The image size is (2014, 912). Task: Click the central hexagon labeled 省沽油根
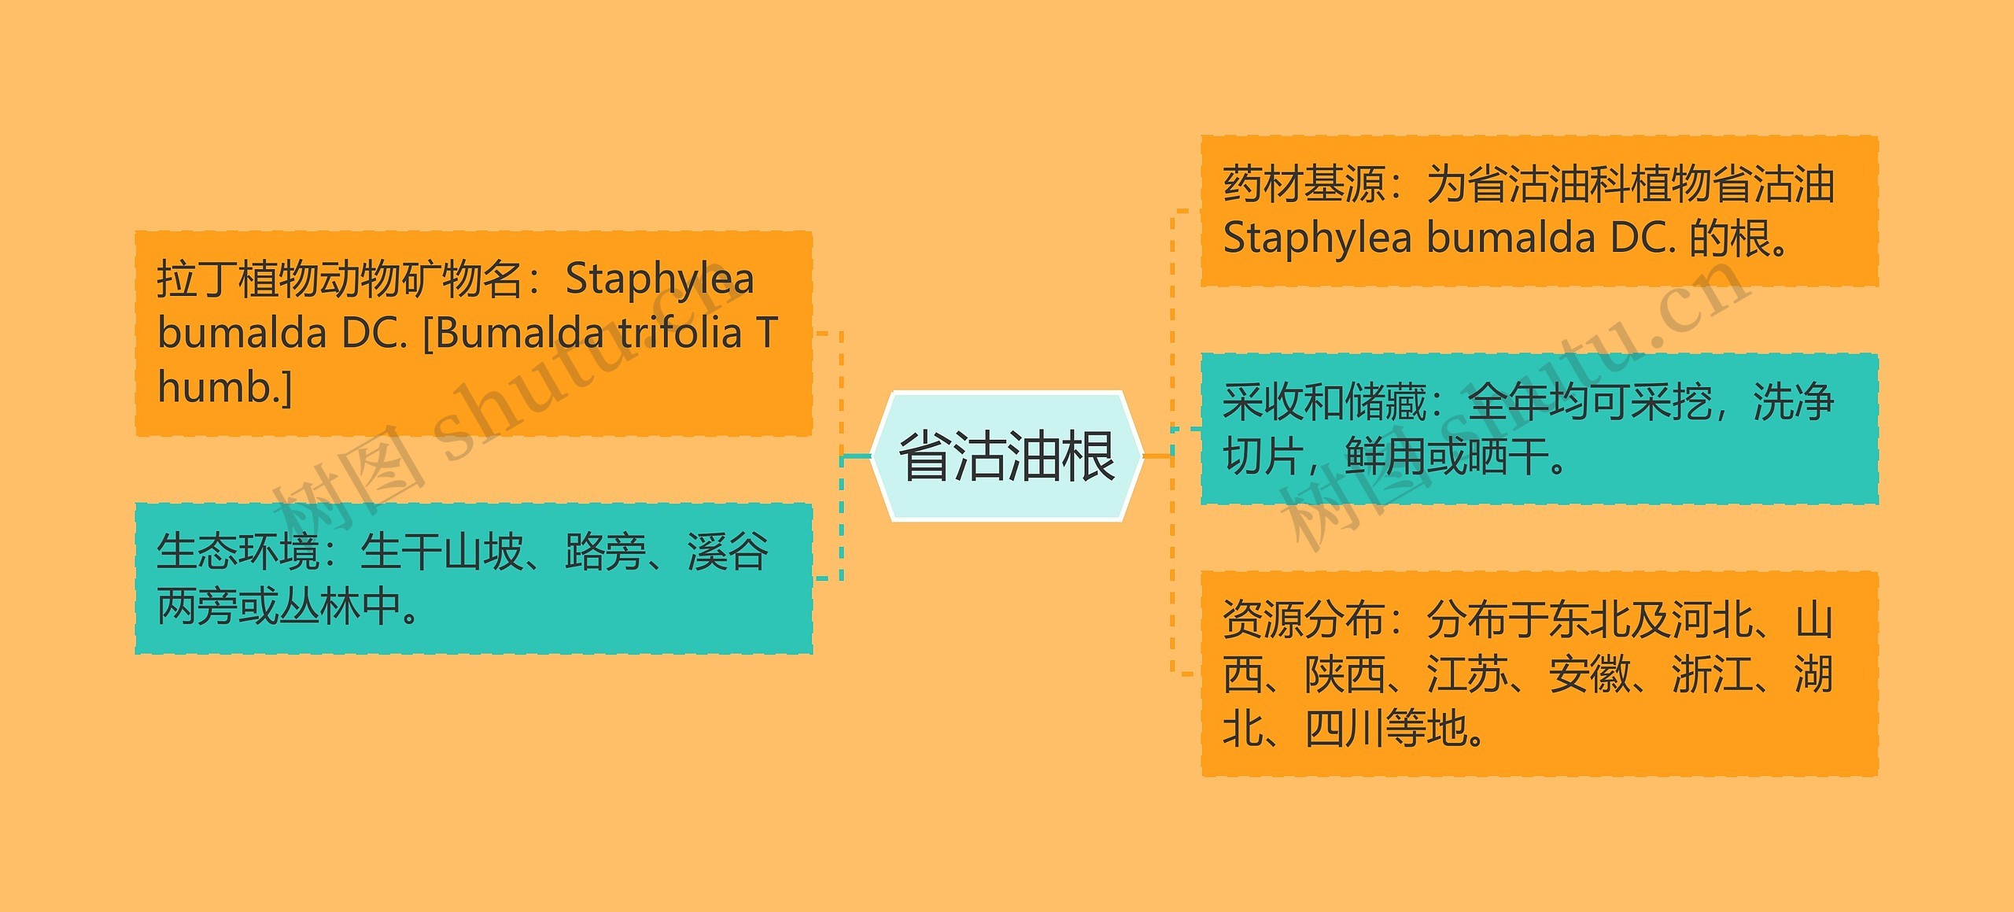coord(1006,456)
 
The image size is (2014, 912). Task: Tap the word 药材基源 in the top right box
coord(1303,184)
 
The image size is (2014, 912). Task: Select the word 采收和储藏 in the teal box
coord(1324,402)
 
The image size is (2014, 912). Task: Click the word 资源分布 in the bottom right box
coord(1303,620)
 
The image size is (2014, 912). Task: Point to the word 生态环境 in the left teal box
coord(238,552)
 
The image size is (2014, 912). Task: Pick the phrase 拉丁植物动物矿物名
coord(339,279)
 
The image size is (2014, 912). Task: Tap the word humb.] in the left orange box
coord(224,387)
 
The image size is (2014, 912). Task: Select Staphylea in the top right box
coord(1317,238)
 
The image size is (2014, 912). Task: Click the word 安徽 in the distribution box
coord(1589,674)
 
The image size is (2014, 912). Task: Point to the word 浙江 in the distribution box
coord(1712,674)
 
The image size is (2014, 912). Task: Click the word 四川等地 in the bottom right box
coord(1385,729)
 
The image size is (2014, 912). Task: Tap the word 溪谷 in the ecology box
coord(728,552)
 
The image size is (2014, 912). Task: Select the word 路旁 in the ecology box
coord(605,552)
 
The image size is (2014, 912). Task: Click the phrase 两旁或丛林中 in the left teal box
coord(278,606)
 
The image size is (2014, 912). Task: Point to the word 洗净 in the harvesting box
coord(1793,402)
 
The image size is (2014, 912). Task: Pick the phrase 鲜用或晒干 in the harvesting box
coord(1446,456)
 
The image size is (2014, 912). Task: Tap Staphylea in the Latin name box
coord(659,279)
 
